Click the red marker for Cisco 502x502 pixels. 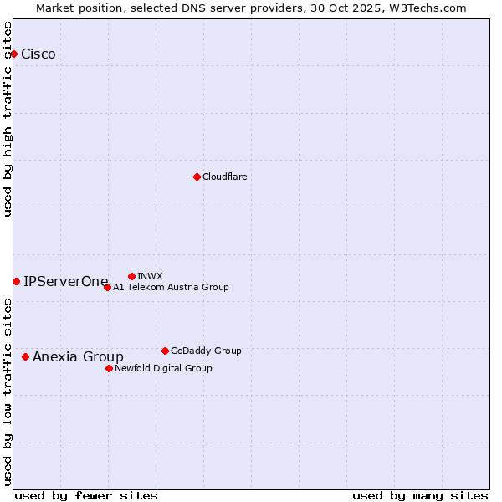pyautogui.click(x=13, y=54)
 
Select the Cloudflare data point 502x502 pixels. pyautogui.click(x=197, y=177)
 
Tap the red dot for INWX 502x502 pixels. pyautogui.click(x=131, y=276)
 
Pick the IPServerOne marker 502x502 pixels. pyautogui.click(x=16, y=281)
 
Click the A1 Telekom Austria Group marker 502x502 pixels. pyautogui.click(x=107, y=287)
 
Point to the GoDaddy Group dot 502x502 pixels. pyautogui.click(x=165, y=351)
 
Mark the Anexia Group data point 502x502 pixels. pyautogui.click(x=25, y=356)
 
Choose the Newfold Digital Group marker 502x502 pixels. pyautogui.click(x=109, y=368)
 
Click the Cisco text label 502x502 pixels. pyautogui.click(x=38, y=54)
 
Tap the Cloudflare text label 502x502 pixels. pyautogui.click(x=225, y=177)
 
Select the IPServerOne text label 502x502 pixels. pyautogui.click(x=66, y=281)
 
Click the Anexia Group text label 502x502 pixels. pyautogui.click(x=78, y=356)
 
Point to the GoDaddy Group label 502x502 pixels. pyautogui.click(x=206, y=351)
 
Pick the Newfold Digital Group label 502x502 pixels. pyautogui.click(x=163, y=368)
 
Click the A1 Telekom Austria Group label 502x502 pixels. pyautogui.click(x=171, y=287)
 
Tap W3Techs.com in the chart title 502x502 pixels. pyautogui.click(x=431, y=8)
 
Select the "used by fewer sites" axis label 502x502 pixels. pyautogui.click(x=86, y=495)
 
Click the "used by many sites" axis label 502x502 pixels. pyautogui.click(x=420, y=495)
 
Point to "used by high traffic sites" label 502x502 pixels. pyautogui.click(x=8, y=119)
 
